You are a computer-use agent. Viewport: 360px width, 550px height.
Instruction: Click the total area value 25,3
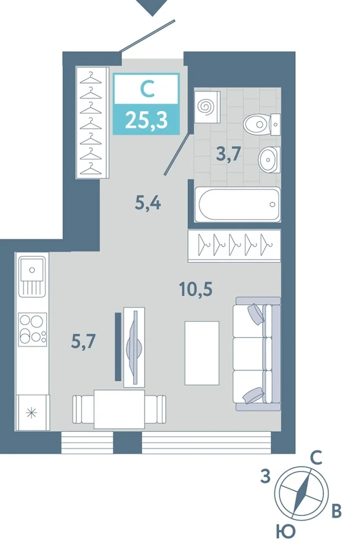(146, 120)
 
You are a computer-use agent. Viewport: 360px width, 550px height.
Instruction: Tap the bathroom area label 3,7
(229, 153)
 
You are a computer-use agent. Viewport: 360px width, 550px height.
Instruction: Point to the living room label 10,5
(196, 289)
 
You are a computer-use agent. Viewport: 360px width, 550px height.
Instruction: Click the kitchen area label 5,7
(84, 340)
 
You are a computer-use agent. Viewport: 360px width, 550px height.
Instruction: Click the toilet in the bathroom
(262, 124)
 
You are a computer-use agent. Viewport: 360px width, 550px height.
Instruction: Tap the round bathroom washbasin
(269, 159)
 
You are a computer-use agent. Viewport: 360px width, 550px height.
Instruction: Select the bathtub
(237, 205)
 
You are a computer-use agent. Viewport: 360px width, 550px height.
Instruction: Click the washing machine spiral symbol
(205, 107)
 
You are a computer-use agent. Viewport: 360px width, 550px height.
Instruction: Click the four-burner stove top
(32, 329)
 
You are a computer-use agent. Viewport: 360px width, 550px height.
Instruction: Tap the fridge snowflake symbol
(31, 413)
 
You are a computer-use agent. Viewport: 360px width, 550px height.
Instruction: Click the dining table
(119, 409)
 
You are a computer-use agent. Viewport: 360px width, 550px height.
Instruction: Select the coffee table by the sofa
(202, 353)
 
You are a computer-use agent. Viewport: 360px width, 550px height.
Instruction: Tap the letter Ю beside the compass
(285, 532)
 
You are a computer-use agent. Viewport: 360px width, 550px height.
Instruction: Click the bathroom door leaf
(178, 154)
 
